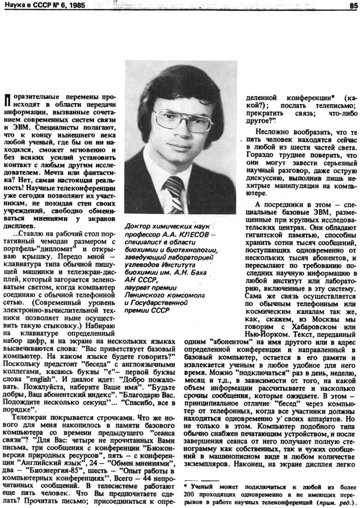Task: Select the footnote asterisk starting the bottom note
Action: [x=186, y=485]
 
